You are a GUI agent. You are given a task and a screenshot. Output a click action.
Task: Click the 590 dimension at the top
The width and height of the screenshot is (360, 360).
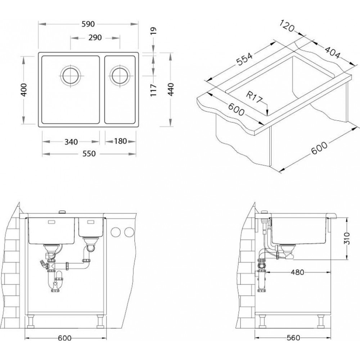[x=88, y=24]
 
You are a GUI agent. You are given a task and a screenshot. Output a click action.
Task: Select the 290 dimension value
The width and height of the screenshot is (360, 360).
[x=95, y=37]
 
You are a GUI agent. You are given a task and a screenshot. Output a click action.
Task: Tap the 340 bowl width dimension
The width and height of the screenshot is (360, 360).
[x=71, y=142]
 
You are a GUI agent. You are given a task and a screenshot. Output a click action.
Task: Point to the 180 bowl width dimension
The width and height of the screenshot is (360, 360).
[x=121, y=141]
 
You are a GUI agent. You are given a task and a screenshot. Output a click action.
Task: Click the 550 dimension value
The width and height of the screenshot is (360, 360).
[x=89, y=153]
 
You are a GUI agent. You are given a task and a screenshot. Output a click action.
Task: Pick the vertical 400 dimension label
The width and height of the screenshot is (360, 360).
[x=24, y=90]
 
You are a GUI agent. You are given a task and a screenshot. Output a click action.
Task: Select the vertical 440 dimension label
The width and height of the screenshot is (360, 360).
[x=171, y=89]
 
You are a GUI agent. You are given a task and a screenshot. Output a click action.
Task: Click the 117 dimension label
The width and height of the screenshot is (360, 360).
[x=153, y=90]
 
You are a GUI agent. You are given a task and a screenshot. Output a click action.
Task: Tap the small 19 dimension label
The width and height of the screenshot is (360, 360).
[x=153, y=31]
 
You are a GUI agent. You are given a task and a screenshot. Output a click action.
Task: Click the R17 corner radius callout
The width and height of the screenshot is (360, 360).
[x=254, y=97]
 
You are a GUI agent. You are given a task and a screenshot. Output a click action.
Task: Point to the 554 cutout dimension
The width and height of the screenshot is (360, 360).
[x=244, y=59]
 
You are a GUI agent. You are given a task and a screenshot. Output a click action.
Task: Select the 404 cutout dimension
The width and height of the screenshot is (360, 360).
[x=332, y=52]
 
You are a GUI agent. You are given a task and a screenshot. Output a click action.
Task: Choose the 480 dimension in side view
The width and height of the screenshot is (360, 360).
[x=297, y=272]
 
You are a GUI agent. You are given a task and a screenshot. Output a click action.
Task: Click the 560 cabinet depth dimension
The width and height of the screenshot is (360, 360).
[x=293, y=338]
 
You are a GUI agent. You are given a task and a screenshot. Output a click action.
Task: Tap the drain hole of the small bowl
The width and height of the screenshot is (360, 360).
[x=120, y=76]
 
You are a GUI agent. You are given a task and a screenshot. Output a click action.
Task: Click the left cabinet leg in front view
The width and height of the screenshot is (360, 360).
[x=31, y=321]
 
